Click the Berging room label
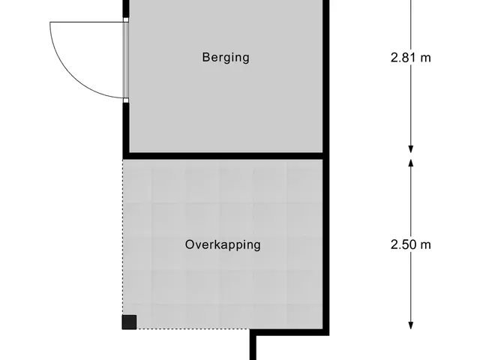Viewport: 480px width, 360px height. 226,58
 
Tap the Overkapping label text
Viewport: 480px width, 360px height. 223,245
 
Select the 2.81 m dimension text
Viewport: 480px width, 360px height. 411,58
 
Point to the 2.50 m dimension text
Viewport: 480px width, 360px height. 411,244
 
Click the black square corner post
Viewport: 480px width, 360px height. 129,322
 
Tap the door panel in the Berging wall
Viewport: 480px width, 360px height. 126,60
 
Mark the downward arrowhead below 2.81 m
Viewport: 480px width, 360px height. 411,148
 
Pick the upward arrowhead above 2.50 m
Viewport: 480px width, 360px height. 411,163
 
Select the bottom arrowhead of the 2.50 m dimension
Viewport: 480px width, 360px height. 411,325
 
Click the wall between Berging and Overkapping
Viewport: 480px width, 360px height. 226,156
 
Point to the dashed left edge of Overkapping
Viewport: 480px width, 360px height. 123,237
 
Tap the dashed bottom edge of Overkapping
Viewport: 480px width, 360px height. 193,329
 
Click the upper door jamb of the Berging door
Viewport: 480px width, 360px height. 126,19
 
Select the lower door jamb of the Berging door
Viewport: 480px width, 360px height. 126,100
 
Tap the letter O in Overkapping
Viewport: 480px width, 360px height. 190,244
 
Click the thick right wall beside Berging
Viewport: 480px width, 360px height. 326,76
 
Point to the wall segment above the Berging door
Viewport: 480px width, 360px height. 126,8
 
